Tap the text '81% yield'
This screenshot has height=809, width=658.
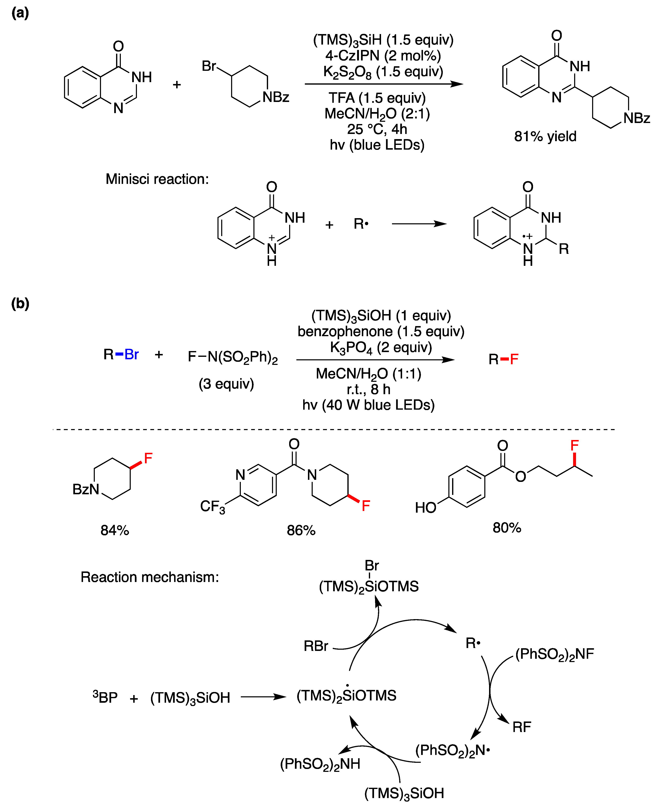click(545, 136)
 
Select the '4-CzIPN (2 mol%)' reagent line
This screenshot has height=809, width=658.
click(383, 56)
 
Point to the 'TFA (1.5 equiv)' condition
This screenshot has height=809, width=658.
click(377, 98)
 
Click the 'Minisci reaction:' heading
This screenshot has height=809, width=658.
click(157, 179)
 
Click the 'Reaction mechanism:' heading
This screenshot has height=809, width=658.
click(150, 577)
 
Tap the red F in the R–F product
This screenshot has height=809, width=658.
click(514, 359)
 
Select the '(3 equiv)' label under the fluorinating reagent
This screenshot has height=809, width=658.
click(226, 384)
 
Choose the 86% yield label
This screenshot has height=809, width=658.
click(301, 530)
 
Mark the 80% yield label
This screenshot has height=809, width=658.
click(507, 528)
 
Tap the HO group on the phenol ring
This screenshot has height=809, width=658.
click(425, 507)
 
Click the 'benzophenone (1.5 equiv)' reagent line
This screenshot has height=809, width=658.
click(381, 331)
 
